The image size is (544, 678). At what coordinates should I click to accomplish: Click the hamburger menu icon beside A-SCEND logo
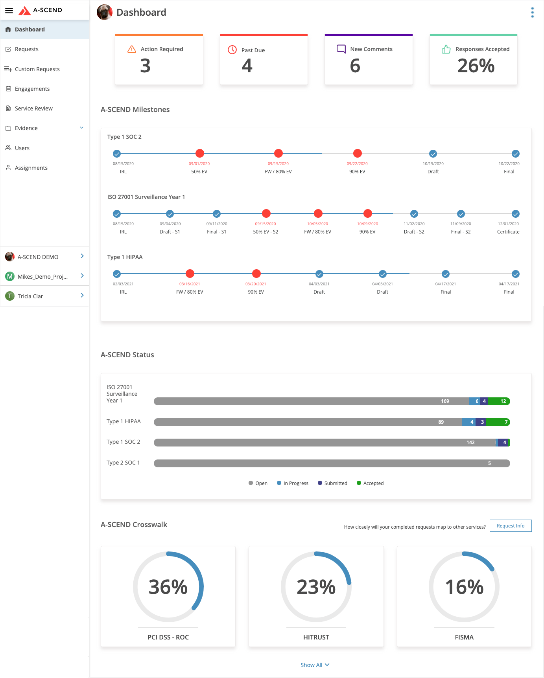click(x=9, y=11)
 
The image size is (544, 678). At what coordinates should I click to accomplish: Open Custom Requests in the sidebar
click(x=37, y=69)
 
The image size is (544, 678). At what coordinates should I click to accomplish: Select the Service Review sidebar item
click(x=33, y=108)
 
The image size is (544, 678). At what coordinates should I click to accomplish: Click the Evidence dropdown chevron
click(x=81, y=128)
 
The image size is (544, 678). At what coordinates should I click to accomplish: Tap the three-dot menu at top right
click(x=532, y=13)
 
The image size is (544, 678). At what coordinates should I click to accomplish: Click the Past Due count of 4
click(x=247, y=66)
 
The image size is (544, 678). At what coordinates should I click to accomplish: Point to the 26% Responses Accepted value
click(x=476, y=66)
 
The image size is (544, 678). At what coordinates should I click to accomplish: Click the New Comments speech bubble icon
click(x=341, y=49)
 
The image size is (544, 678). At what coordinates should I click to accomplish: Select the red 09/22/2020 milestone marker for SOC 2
click(x=357, y=153)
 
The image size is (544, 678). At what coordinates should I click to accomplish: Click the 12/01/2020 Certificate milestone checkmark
click(x=515, y=214)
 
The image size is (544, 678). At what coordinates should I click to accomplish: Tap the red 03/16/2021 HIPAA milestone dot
click(x=190, y=274)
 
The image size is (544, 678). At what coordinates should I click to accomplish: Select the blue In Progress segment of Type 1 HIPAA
click(x=468, y=422)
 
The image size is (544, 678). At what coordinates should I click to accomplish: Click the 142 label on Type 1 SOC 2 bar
click(x=470, y=443)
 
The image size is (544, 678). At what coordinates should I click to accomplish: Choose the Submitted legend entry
click(x=332, y=483)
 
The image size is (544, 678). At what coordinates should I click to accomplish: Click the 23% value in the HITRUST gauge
click(x=316, y=587)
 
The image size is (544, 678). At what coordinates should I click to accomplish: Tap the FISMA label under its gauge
click(x=464, y=637)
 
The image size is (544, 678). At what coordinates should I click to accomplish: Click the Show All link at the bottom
click(x=314, y=665)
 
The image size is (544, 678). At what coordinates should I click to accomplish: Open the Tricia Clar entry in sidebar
click(x=44, y=296)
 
